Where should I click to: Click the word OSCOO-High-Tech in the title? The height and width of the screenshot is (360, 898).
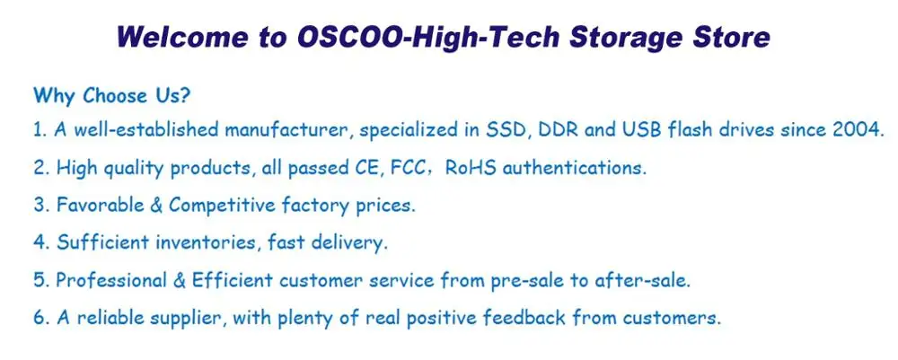tap(427, 38)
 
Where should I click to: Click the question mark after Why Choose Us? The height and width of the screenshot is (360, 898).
tap(184, 95)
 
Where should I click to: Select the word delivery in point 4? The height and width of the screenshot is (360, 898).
tap(349, 244)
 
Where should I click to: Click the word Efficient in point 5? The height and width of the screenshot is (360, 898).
tap(232, 280)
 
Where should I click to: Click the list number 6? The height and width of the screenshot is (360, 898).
tap(39, 318)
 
